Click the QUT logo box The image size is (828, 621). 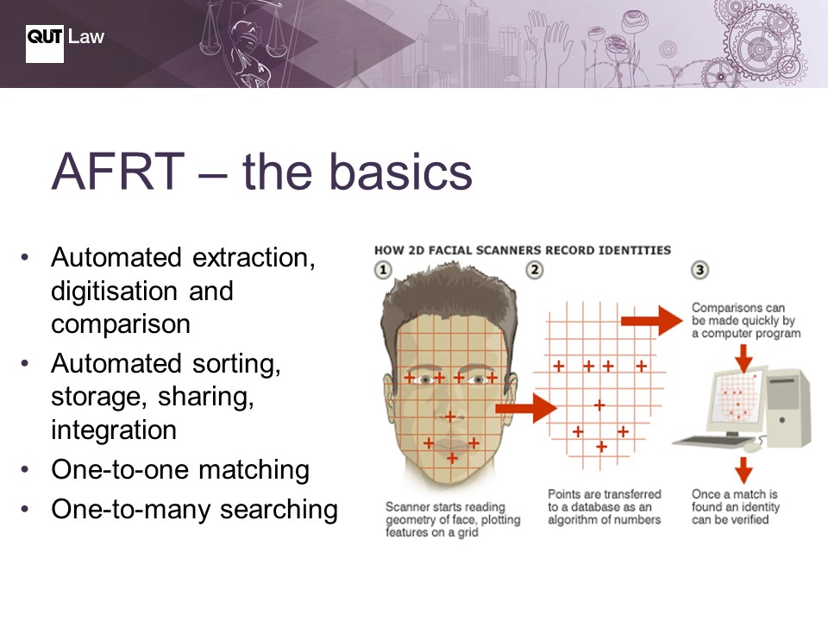pyautogui.click(x=44, y=44)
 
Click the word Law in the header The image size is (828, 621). pyautogui.click(x=86, y=36)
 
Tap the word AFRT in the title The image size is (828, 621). pyautogui.click(x=118, y=171)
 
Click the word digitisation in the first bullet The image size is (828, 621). pyautogui.click(x=114, y=291)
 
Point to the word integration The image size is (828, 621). pyautogui.click(x=114, y=430)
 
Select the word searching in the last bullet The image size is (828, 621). pyautogui.click(x=279, y=510)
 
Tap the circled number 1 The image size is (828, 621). pyautogui.click(x=383, y=270)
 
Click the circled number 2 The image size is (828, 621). pyautogui.click(x=535, y=270)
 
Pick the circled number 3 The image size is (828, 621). pyautogui.click(x=699, y=270)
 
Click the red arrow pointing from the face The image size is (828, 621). pyautogui.click(x=526, y=408)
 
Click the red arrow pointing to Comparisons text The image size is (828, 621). pyautogui.click(x=652, y=321)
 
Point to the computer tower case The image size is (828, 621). pyautogui.click(x=788, y=408)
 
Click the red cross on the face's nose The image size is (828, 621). pyautogui.click(x=450, y=417)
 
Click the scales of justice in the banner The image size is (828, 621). pyautogui.click(x=243, y=32)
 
